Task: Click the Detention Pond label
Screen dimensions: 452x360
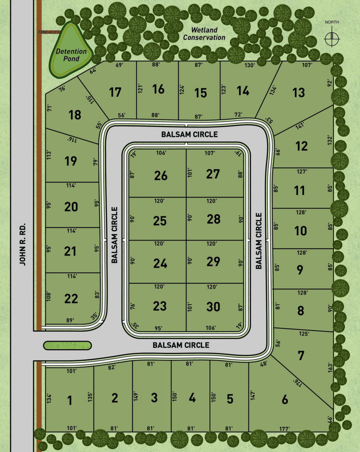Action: [x=71, y=55]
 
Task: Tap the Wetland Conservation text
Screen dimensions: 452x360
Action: [x=204, y=34]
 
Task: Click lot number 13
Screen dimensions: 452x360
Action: [x=299, y=93]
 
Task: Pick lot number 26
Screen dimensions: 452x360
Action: [x=161, y=176]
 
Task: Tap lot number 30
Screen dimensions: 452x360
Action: [x=213, y=306]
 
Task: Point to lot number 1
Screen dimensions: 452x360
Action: [x=69, y=401]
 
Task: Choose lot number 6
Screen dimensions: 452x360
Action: [x=285, y=400]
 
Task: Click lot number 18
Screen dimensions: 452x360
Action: [x=75, y=115]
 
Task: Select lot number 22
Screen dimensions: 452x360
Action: [x=71, y=299]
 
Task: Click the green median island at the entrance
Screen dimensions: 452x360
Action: [x=67, y=345]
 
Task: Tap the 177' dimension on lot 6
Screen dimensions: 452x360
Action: [x=285, y=428]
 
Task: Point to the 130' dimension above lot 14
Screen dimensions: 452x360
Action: [x=249, y=65]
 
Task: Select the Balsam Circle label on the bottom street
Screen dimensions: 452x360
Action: [x=181, y=345]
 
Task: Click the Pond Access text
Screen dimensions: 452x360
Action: [x=49, y=32]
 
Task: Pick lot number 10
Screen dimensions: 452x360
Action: [x=300, y=231]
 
